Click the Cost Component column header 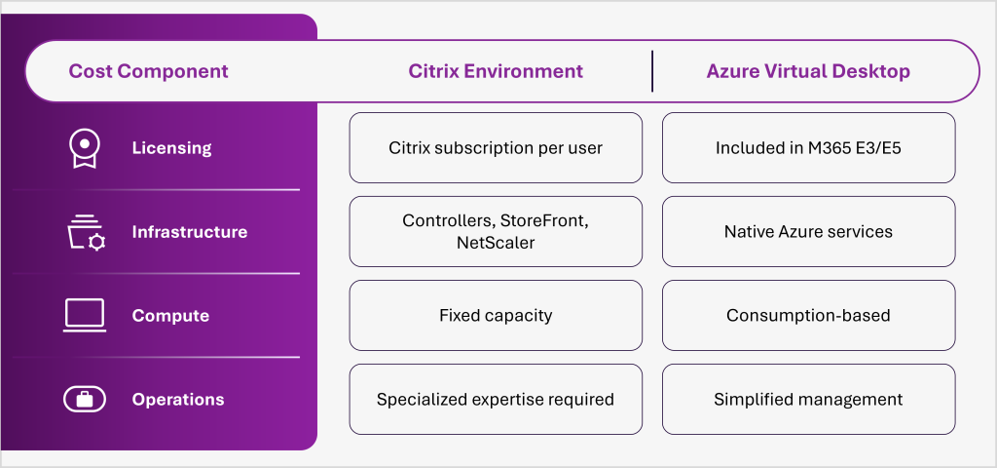[x=148, y=71]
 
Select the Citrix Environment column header [x=496, y=71]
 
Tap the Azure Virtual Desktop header [x=808, y=71]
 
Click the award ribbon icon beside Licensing [x=85, y=148]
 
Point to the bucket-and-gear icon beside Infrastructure [x=85, y=232]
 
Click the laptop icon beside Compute [x=85, y=315]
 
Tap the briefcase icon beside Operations [x=85, y=399]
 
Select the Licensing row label [x=171, y=148]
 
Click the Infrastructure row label [x=190, y=232]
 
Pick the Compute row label [x=170, y=316]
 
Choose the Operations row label [x=178, y=400]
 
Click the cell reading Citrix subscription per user [x=496, y=148]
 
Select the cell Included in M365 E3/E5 [x=808, y=148]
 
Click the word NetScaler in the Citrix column [x=496, y=243]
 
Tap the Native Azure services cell [x=808, y=232]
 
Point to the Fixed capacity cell [x=496, y=316]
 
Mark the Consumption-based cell [x=808, y=316]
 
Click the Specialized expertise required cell [x=496, y=400]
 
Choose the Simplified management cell [x=808, y=400]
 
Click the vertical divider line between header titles [x=652, y=71]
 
